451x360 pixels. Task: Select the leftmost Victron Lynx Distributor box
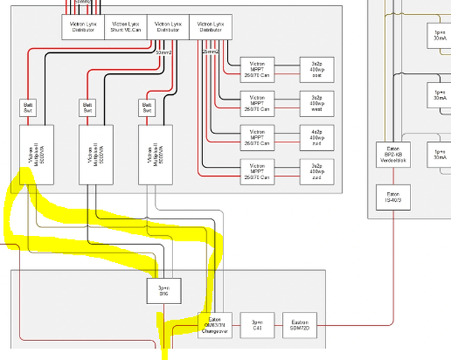tap(83, 27)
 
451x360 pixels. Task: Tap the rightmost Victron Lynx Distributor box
tap(209, 27)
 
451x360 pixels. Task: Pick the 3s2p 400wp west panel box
tap(317, 103)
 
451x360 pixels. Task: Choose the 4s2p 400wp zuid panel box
tap(317, 136)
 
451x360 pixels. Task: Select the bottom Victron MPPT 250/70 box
tap(258, 170)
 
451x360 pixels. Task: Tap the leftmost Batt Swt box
tap(29, 107)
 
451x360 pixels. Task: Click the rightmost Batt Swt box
tap(147, 107)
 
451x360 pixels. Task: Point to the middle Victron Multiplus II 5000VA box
tap(95, 154)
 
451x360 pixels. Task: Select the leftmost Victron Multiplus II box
tap(36, 154)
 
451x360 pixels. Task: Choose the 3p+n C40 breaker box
tap(257, 324)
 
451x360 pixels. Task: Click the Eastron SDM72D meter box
tap(300, 324)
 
